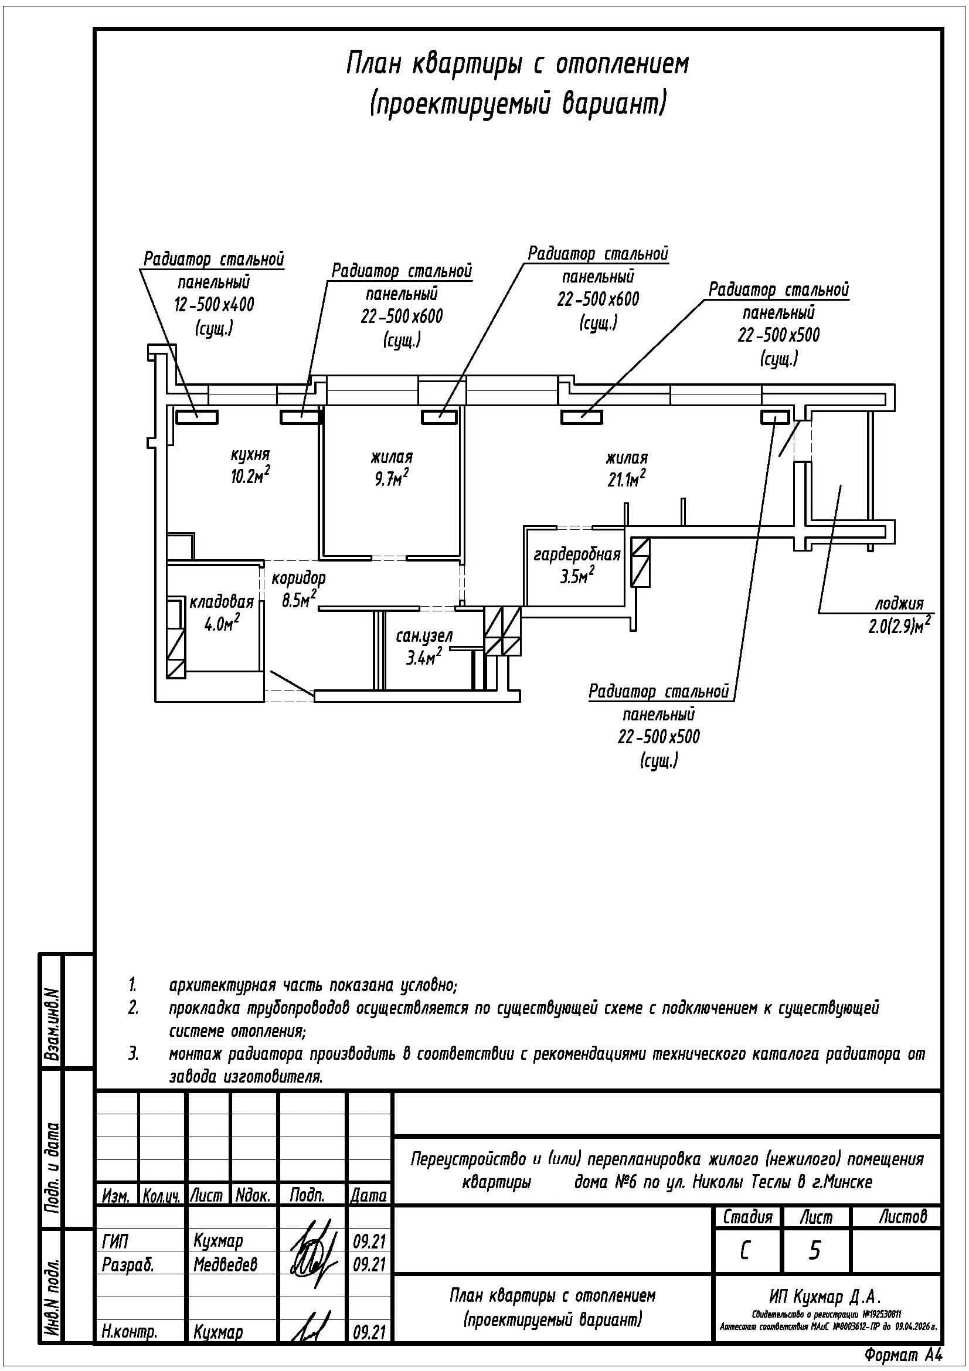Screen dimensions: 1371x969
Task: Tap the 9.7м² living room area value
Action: tap(391, 478)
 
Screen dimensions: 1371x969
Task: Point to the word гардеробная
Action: tap(577, 554)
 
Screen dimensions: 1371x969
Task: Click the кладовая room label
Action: tap(222, 602)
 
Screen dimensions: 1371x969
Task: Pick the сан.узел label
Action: tap(424, 636)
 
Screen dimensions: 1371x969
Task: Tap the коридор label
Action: tap(298, 577)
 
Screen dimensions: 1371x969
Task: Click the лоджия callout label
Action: tap(899, 603)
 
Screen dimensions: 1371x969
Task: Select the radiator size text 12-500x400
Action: tap(214, 305)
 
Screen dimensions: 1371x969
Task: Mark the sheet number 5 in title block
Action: tap(814, 1250)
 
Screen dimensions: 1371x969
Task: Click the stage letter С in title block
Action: tap(745, 1250)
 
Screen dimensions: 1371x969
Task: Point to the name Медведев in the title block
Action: tap(225, 1264)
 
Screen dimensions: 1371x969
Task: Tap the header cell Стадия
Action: tap(747, 1217)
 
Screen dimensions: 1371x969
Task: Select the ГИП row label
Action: tap(115, 1241)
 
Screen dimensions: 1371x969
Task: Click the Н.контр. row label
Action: tap(130, 1332)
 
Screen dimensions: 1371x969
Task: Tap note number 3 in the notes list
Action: tap(133, 1053)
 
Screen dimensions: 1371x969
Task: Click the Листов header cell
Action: tap(902, 1216)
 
